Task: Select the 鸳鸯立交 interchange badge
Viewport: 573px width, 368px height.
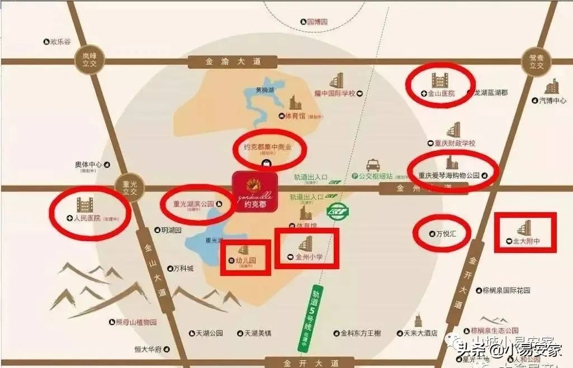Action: coord(536,61)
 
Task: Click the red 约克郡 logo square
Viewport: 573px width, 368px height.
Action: coord(255,192)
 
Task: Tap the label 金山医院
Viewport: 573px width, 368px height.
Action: coord(441,94)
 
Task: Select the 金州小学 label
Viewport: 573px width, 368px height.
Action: coord(309,257)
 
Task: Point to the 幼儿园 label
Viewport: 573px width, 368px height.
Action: coord(245,260)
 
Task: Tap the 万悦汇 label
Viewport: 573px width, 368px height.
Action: coord(445,234)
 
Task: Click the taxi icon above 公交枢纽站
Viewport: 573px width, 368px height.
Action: coord(373,165)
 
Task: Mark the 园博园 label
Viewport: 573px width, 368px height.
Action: coord(316,22)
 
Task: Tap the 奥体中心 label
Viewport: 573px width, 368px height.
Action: coord(89,165)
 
